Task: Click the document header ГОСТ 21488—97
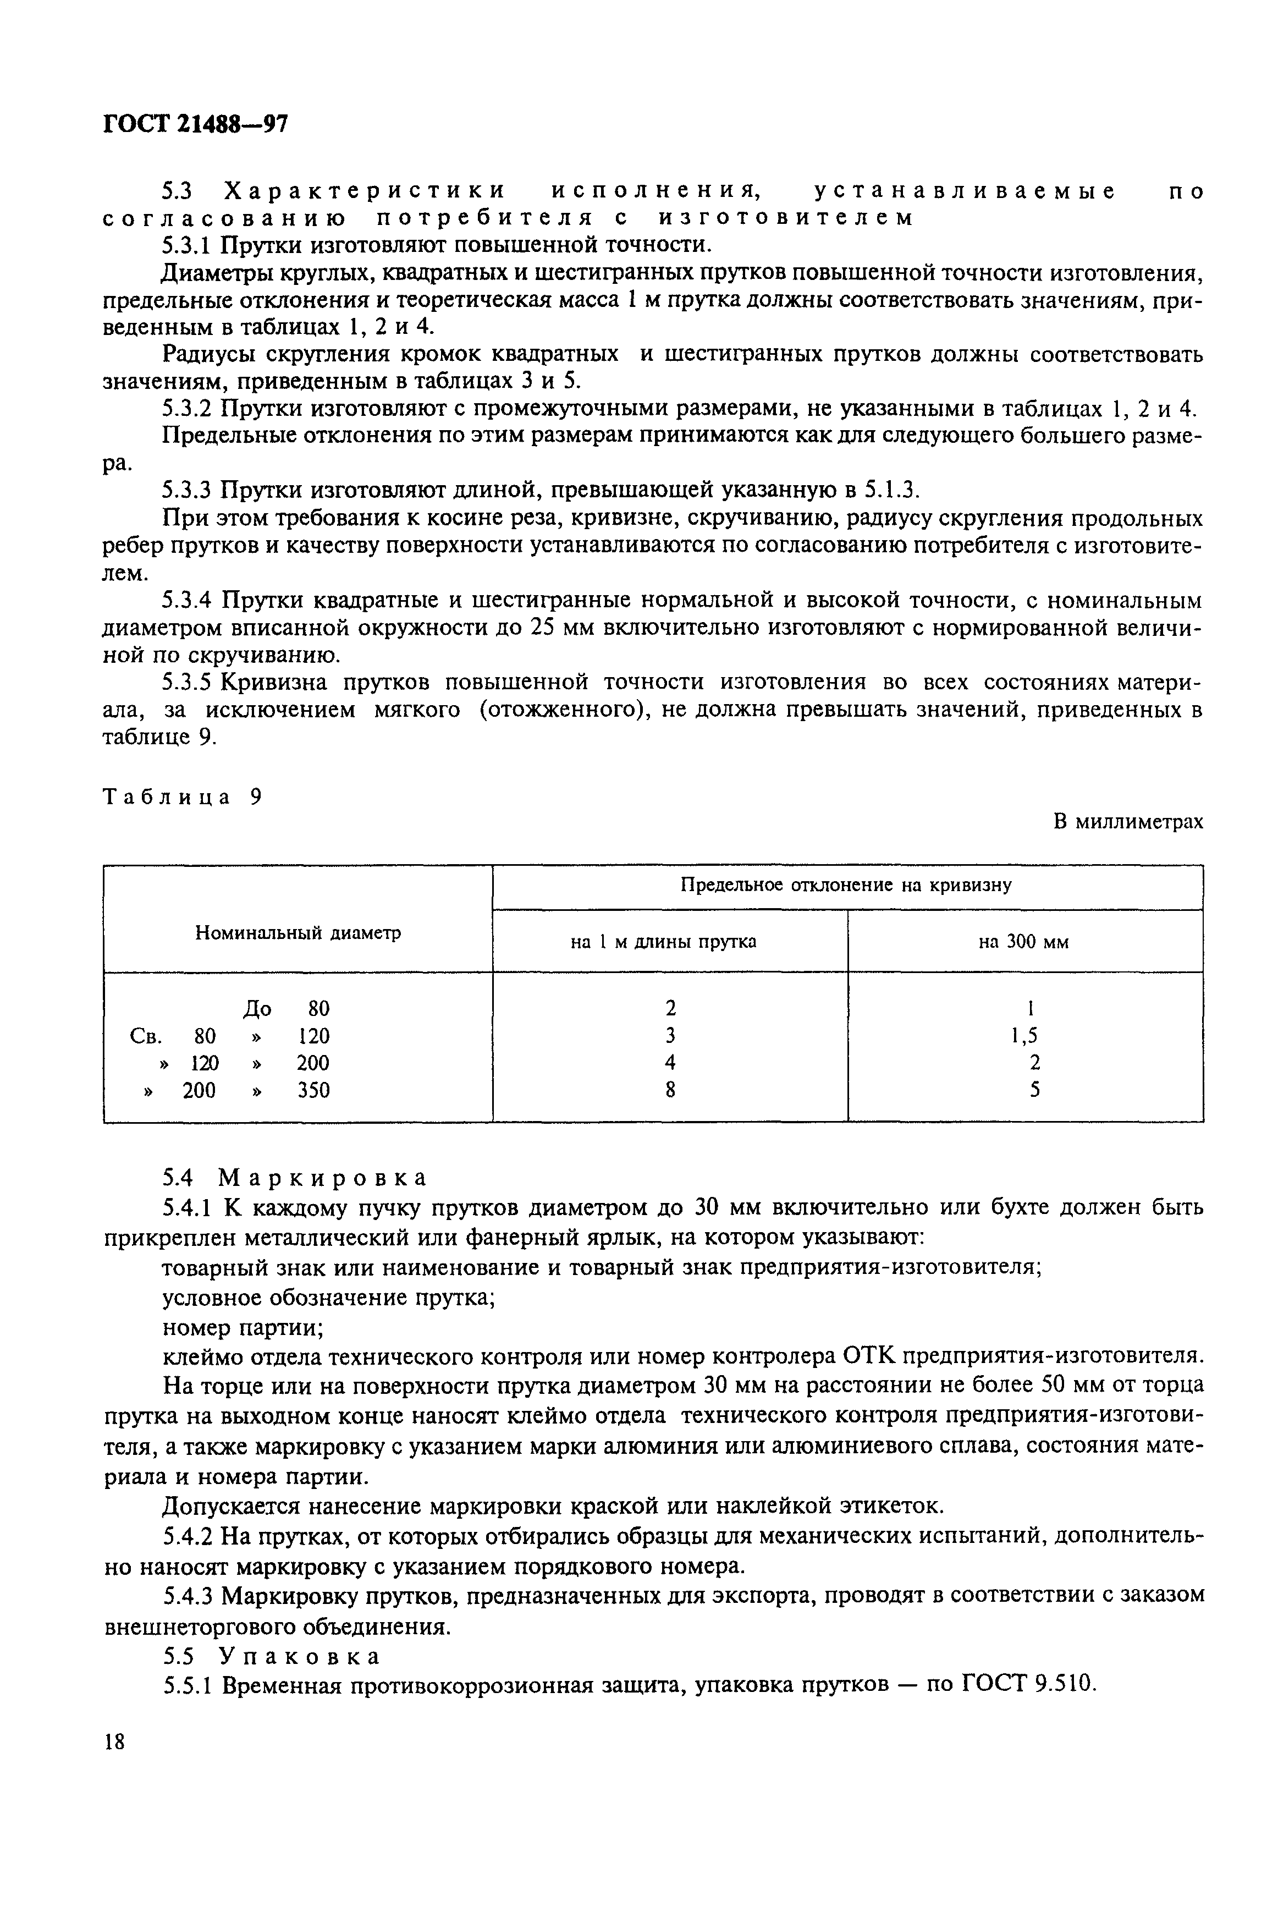click(x=196, y=124)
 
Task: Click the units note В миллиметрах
click(x=1128, y=822)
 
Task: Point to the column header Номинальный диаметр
click(x=298, y=933)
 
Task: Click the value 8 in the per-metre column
click(x=670, y=1091)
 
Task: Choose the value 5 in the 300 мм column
click(x=1034, y=1091)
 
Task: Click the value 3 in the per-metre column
click(x=670, y=1036)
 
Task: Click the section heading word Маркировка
click(x=322, y=1178)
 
